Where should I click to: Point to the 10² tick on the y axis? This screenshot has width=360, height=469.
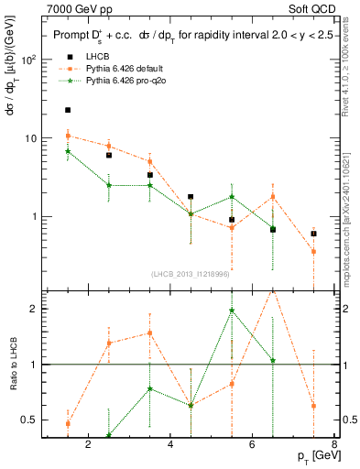[x=28, y=60]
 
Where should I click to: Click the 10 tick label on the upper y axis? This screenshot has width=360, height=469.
[x=30, y=138]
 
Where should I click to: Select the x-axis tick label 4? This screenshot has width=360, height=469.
[x=171, y=445]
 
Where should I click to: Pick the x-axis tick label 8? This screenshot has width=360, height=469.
[x=335, y=445]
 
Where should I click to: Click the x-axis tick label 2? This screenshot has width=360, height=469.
[x=89, y=445]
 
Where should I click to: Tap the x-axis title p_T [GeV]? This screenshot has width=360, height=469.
[x=313, y=456]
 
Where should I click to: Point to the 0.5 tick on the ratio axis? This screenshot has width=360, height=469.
[x=28, y=420]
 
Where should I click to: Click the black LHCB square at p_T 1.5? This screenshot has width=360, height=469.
[x=68, y=110]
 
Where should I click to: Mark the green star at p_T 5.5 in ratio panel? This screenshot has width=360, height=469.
[x=232, y=311]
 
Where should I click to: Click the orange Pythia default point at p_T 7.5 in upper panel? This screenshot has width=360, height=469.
[x=313, y=251]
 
